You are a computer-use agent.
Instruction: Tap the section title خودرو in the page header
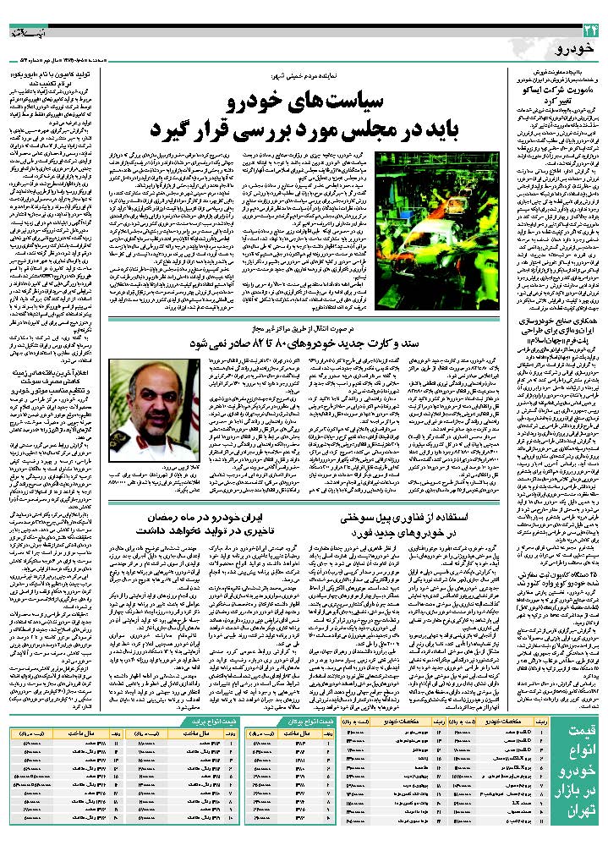(x=578, y=52)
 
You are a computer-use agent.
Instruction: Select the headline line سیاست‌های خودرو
(x=306, y=103)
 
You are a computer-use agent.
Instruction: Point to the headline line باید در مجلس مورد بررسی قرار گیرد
(x=306, y=131)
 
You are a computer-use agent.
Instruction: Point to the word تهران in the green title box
(x=580, y=824)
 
